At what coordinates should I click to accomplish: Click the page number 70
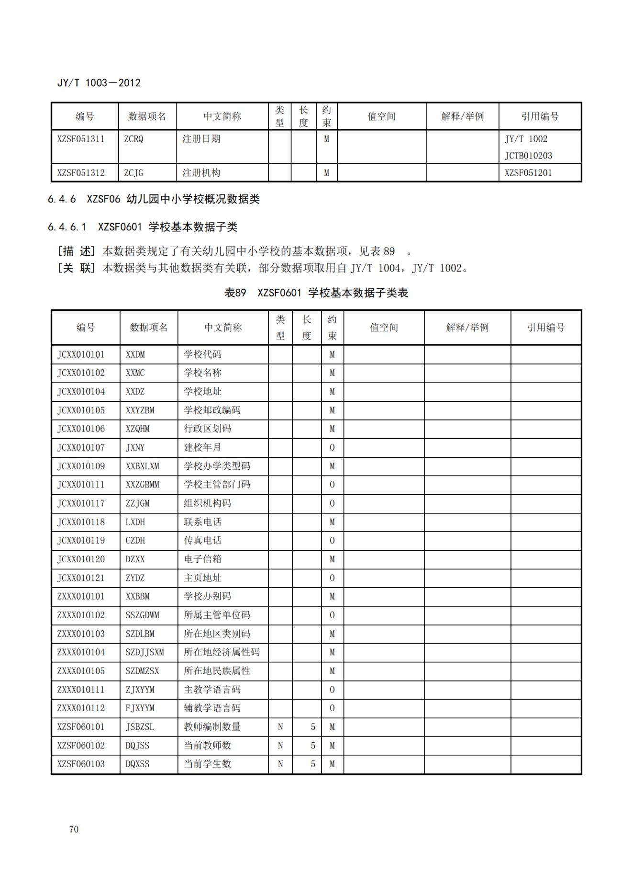(74, 829)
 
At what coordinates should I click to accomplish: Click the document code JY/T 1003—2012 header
(99, 83)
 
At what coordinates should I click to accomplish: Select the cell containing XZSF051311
(81, 139)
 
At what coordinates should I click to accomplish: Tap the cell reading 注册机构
(201, 173)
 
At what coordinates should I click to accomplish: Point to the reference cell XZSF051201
(528, 173)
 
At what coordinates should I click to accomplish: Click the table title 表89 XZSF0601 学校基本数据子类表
(316, 293)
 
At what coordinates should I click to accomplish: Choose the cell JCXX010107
(81, 447)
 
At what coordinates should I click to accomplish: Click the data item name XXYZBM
(140, 410)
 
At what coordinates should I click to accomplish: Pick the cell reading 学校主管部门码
(217, 485)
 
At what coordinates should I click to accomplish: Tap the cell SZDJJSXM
(144, 652)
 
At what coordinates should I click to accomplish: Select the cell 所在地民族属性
(217, 671)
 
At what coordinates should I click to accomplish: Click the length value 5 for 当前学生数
(313, 764)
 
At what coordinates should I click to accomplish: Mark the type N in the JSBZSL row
(280, 727)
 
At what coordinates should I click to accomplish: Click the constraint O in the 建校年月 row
(332, 447)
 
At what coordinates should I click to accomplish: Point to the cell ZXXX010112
(81, 708)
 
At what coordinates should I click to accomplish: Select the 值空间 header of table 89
(384, 328)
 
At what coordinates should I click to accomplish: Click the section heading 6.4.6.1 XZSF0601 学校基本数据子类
(143, 227)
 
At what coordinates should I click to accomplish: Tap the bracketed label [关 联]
(76, 268)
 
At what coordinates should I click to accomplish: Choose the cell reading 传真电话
(203, 541)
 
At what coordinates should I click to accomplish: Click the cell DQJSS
(137, 746)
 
